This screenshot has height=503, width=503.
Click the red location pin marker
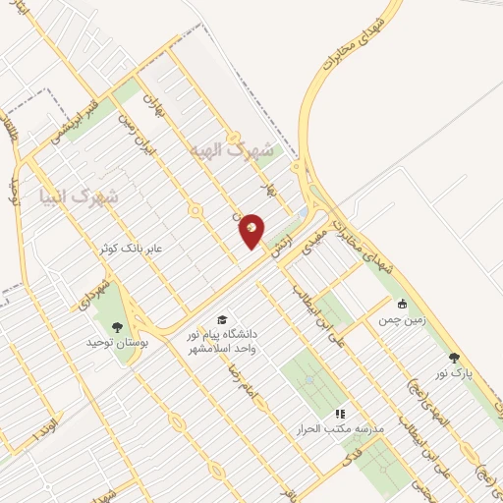[x=252, y=231]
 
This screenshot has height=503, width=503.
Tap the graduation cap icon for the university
[x=222, y=320]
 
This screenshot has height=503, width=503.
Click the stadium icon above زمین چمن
[x=401, y=304]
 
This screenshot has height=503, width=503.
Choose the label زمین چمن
[x=395, y=319]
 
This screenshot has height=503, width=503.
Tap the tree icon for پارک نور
[x=453, y=358]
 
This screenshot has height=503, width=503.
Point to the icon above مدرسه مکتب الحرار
[x=340, y=415]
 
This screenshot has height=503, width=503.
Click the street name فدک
[x=346, y=458]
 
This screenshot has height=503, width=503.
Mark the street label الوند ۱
[x=45, y=429]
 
